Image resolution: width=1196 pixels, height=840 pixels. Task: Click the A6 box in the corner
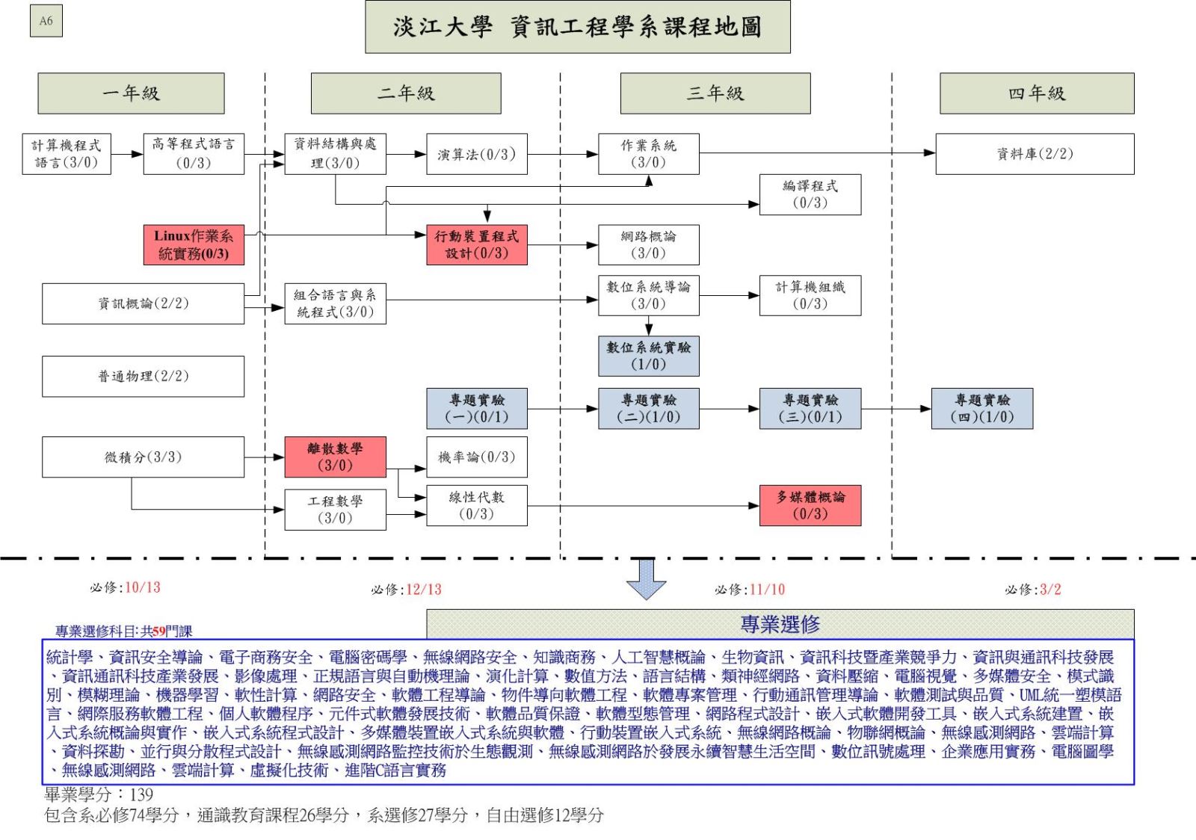click(46, 21)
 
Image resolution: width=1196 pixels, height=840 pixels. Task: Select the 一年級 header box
click(131, 93)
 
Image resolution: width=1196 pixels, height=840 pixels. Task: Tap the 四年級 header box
click(1037, 93)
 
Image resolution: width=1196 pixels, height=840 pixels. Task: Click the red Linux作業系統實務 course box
click(194, 245)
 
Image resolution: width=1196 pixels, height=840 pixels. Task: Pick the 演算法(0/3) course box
click(477, 154)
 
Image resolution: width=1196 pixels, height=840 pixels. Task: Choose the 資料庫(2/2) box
click(1035, 154)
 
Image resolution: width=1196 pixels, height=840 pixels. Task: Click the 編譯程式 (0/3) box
click(810, 195)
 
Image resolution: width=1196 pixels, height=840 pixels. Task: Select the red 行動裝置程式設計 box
click(477, 245)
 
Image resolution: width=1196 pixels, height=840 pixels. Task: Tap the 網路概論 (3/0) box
click(649, 245)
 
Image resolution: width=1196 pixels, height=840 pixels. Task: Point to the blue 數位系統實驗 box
click(649, 356)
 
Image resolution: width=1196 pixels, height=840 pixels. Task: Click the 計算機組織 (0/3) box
click(810, 295)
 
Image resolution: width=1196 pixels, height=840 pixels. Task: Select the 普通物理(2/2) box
click(143, 376)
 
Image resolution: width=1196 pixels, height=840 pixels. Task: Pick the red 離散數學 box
click(336, 457)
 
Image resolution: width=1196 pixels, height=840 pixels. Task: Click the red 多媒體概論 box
click(810, 505)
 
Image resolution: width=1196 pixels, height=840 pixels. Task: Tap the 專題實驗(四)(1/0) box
click(982, 408)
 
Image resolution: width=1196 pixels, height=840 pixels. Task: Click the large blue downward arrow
click(646, 579)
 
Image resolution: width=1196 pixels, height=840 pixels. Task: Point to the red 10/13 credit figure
click(143, 587)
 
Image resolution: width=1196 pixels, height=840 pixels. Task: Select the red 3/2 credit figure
click(1050, 589)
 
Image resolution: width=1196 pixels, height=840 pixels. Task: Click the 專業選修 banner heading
click(780, 624)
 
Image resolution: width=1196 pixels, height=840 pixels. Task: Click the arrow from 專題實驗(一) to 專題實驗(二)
click(563, 409)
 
